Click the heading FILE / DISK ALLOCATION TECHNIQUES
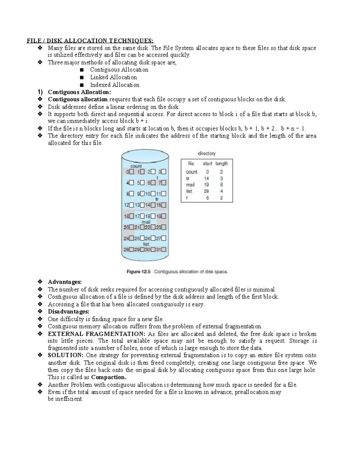click(90, 41)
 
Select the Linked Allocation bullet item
click(113, 77)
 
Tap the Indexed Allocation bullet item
click(115, 85)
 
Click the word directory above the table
click(207, 153)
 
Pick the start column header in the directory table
click(207, 164)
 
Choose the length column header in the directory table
click(221, 164)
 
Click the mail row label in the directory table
click(190, 185)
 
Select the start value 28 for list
click(206, 191)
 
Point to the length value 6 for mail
click(221, 185)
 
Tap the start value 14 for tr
click(206, 178)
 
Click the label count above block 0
click(136, 166)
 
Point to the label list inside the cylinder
click(146, 244)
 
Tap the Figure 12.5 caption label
click(138, 272)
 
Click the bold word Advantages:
click(64, 282)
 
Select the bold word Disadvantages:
click(68, 311)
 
